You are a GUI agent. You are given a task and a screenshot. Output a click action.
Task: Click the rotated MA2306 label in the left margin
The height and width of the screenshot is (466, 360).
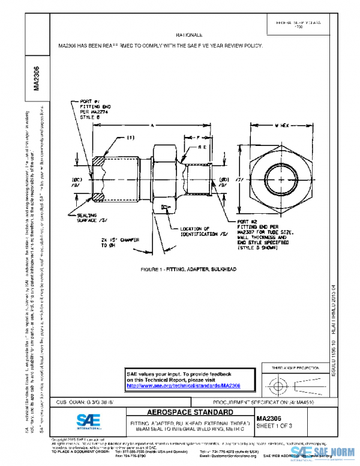click(37, 78)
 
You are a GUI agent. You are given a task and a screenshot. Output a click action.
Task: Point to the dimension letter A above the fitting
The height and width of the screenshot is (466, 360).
click(153, 125)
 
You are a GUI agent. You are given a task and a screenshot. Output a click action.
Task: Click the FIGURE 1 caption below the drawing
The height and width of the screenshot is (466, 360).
click(188, 270)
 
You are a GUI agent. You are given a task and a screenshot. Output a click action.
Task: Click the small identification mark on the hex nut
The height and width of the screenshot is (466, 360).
click(166, 208)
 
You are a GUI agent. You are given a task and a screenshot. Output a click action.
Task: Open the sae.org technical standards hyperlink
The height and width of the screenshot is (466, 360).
click(184, 386)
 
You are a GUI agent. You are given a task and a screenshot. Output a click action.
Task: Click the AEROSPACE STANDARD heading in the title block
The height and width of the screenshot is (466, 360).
click(182, 413)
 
